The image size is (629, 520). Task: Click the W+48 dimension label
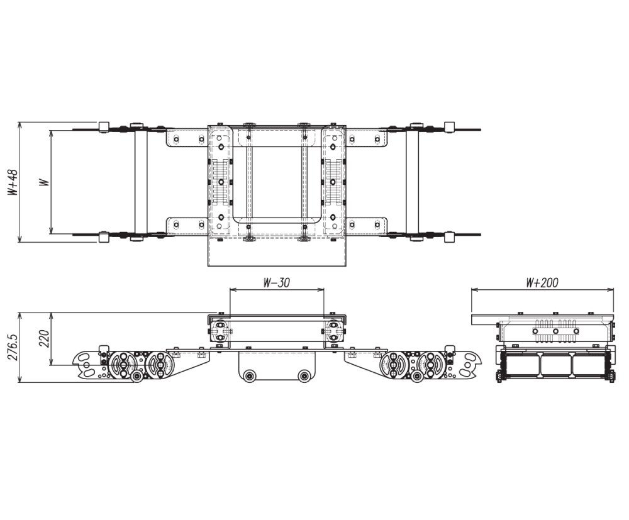[13, 182]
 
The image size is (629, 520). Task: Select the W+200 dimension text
[542, 283]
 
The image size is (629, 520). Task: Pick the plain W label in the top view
[43, 182]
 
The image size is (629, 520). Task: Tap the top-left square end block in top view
[104, 126]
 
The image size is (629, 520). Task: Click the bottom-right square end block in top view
[449, 237]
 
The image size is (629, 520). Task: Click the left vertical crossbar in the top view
[140, 182]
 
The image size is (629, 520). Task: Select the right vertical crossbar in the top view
[412, 182]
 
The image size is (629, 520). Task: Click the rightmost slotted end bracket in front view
[467, 365]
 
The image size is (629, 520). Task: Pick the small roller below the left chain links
[136, 376]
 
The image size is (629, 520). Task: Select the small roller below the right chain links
[417, 376]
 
